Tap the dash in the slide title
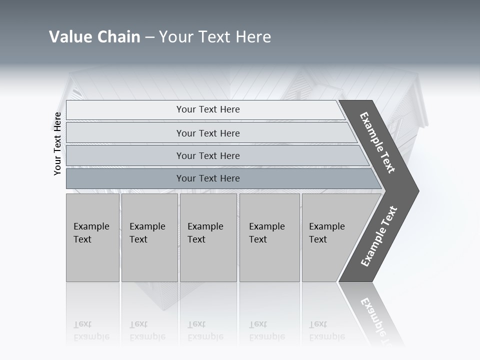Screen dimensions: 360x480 point(149,37)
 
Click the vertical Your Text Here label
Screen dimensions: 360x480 point(57,144)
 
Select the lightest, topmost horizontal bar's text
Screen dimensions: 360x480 point(208,109)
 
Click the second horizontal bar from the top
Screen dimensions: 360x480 point(208,133)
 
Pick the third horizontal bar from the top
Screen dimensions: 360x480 point(208,156)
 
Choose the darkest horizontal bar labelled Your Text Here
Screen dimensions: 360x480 point(208,178)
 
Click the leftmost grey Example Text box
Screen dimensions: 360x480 point(92,237)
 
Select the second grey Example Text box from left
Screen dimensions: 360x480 point(149,237)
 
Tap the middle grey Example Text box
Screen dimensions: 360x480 point(207,237)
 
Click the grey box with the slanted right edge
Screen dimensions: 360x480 point(327,237)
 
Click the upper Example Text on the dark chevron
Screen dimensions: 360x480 point(377,142)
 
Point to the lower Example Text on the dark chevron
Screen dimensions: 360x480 point(379,236)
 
